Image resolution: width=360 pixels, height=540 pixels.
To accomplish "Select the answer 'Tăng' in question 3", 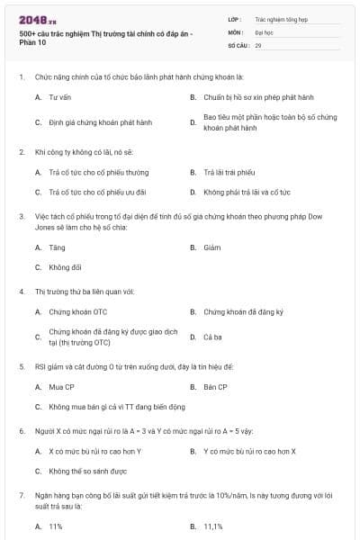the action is (57, 247).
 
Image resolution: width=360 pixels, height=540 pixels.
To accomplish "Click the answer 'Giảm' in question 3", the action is (212, 247).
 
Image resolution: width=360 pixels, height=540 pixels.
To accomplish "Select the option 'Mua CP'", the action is (61, 387).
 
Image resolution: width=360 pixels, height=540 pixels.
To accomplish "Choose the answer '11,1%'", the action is (213, 526).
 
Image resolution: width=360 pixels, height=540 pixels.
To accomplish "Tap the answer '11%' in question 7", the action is (56, 526).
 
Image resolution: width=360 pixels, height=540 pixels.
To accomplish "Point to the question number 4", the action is (22, 291).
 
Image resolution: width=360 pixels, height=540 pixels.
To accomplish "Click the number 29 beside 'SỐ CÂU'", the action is (259, 44).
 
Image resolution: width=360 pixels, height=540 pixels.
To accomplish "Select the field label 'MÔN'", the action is (235, 31).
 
